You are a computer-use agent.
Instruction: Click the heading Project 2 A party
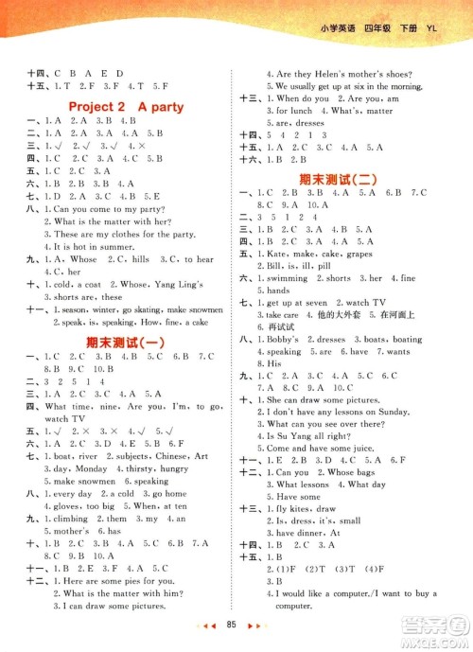pyautogui.click(x=119, y=107)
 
